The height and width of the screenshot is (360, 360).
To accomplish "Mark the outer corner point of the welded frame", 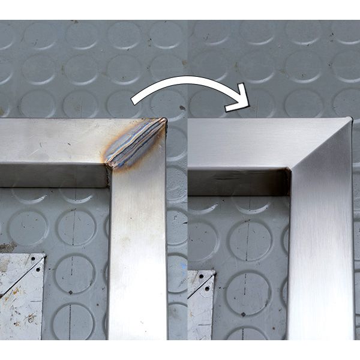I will coord(166,119).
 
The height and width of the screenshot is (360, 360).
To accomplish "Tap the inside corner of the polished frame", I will coord(290,170).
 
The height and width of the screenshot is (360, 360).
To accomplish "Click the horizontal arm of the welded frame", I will coord(54,141).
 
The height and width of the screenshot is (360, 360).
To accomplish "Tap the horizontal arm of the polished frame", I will coord(240,143).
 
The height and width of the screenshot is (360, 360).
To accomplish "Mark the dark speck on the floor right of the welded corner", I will coord(182,108).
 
